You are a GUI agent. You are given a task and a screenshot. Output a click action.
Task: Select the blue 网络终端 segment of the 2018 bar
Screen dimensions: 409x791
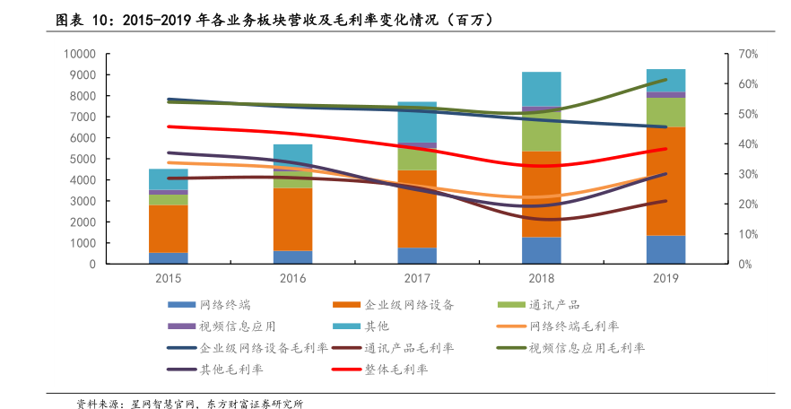coord(542,250)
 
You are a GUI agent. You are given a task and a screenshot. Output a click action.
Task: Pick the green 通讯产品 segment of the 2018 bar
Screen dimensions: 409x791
coord(542,135)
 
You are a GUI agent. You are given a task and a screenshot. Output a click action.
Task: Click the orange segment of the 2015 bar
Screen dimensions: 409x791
coord(169,229)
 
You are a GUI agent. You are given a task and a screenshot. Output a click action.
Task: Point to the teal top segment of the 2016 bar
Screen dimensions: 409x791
coord(292,152)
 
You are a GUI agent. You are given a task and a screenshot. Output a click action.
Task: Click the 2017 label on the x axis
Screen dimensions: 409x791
coord(417,279)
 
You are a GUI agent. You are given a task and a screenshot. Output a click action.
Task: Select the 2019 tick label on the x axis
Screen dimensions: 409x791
coord(666,279)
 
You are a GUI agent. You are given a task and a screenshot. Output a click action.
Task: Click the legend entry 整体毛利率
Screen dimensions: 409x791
coord(395,369)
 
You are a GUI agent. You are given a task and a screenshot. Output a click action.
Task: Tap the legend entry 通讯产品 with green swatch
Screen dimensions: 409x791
coord(561,304)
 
